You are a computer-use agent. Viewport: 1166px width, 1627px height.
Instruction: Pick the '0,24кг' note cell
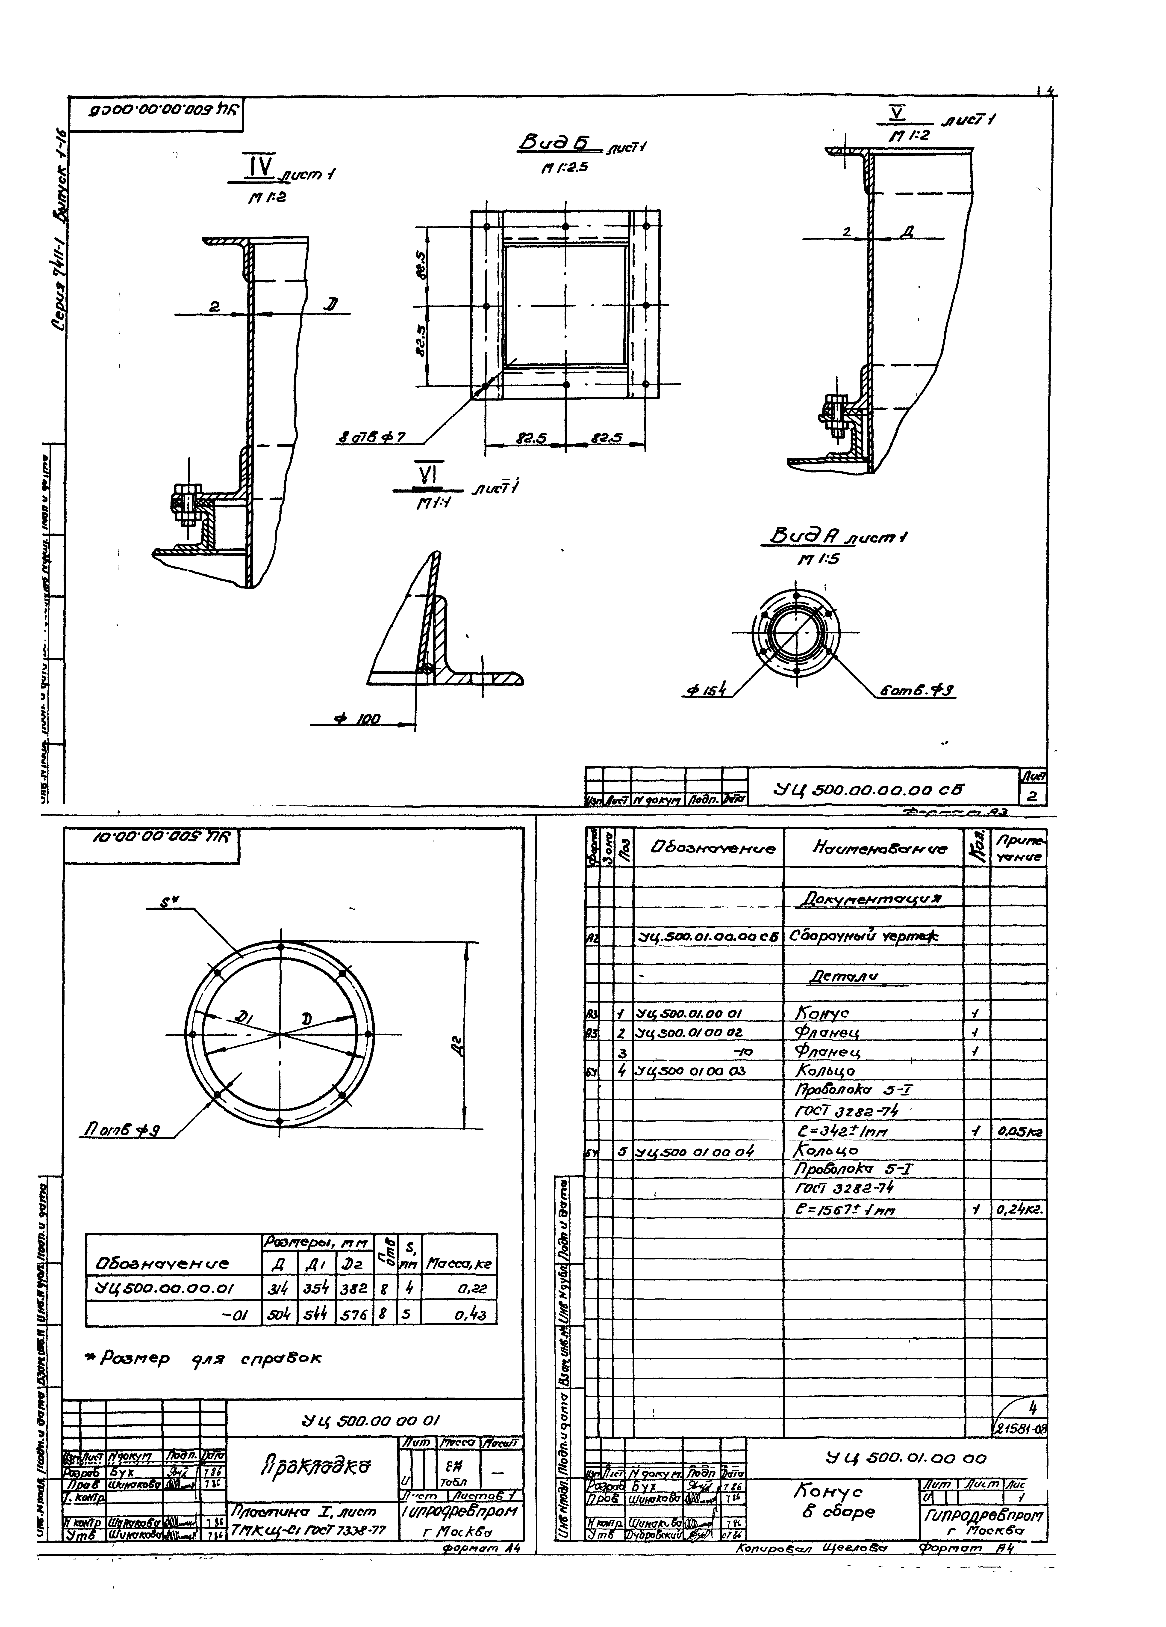coord(1018,1209)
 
